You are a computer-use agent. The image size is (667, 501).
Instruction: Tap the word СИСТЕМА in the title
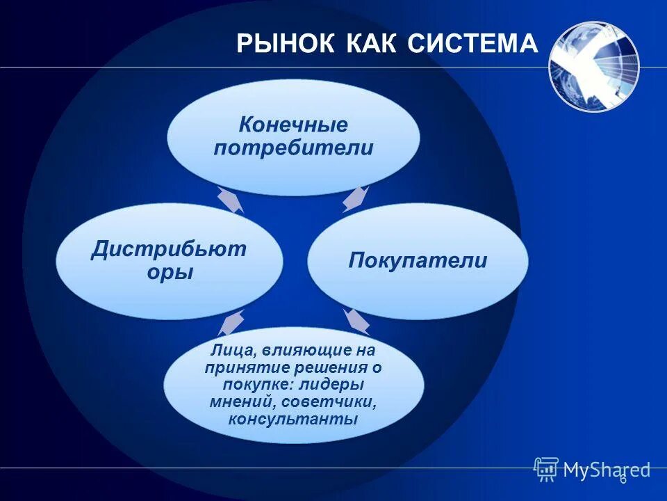(472, 43)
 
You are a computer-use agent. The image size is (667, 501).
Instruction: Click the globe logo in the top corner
(593, 67)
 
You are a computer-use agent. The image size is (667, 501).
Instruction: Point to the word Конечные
(293, 125)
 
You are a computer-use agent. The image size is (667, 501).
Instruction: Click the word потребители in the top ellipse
(293, 148)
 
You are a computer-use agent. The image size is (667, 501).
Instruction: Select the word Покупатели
(418, 261)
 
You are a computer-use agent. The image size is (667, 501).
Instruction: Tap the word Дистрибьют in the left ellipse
(169, 249)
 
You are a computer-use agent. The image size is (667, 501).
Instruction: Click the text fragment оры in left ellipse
(170, 272)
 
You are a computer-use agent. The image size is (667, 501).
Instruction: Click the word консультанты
(293, 420)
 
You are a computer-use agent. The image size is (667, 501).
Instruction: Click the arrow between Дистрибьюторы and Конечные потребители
(231, 200)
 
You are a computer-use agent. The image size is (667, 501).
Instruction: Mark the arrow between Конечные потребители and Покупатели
(355, 198)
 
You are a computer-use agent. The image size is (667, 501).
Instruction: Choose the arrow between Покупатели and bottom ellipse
(356, 321)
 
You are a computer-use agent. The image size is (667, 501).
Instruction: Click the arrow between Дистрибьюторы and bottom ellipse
(231, 321)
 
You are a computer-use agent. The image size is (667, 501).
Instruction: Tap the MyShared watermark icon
(546, 469)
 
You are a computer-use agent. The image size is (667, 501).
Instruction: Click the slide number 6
(623, 478)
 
